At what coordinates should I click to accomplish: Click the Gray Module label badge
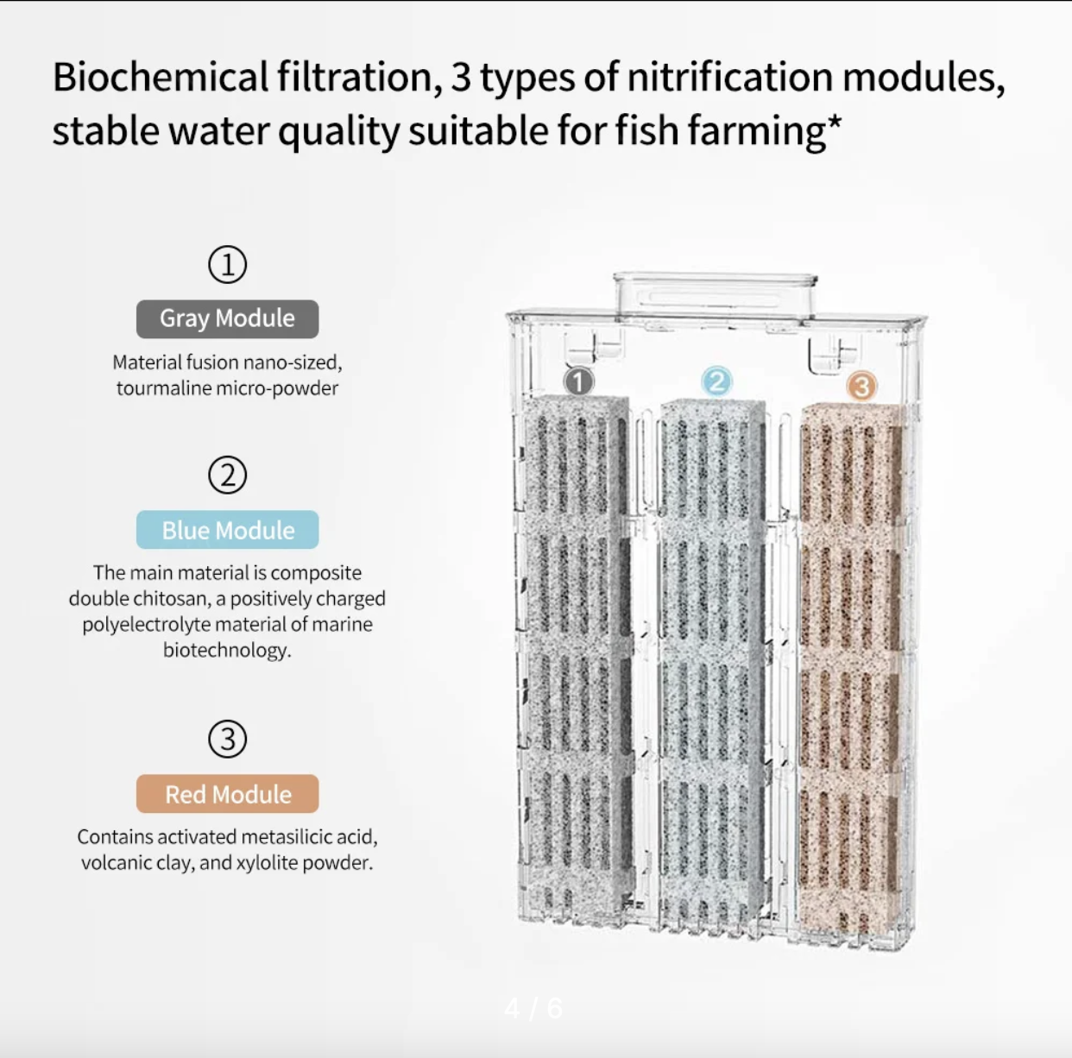228,318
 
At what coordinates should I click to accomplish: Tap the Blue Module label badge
228,530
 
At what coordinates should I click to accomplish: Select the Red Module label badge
228,794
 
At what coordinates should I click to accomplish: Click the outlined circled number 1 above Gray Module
228,264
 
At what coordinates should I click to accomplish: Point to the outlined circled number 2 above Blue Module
228,475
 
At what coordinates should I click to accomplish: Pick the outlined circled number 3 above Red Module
228,739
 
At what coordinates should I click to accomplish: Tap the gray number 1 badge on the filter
579,381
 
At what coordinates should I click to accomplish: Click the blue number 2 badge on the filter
717,381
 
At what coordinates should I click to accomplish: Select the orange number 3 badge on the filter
861,386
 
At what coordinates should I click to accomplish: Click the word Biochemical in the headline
161,77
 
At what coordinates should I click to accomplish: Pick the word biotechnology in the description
227,650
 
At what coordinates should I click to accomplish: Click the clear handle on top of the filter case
716,295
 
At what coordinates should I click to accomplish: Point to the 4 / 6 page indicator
533,1008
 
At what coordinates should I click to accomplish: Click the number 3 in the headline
461,77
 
